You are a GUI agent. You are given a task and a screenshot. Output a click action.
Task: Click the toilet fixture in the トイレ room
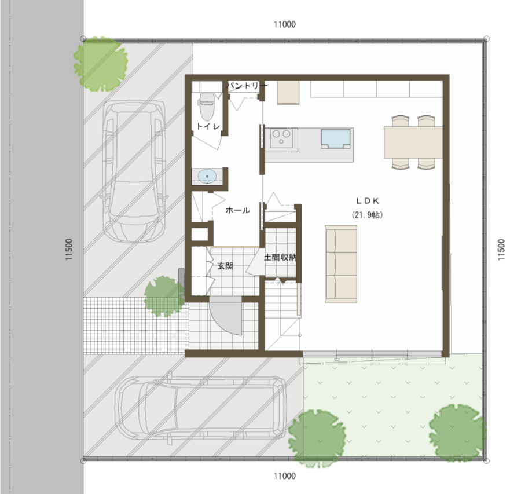(x=207, y=106)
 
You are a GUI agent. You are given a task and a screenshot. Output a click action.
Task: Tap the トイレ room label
(x=208, y=126)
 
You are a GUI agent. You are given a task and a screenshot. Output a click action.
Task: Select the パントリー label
(x=247, y=86)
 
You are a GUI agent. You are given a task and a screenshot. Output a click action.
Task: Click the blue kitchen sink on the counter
(x=335, y=138)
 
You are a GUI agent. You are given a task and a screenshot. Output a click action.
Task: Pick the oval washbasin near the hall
(x=207, y=176)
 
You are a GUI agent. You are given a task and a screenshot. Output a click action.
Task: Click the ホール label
(x=237, y=210)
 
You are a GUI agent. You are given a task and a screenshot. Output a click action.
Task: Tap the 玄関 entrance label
(x=225, y=266)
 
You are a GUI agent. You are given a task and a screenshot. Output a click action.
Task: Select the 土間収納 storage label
(x=280, y=257)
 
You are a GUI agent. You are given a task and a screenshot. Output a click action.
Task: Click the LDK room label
(x=368, y=201)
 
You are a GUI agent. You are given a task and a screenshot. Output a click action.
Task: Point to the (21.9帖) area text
(x=367, y=215)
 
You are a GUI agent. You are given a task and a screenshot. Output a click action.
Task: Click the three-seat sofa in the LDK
(x=341, y=264)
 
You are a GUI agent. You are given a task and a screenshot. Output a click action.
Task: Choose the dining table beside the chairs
(x=413, y=142)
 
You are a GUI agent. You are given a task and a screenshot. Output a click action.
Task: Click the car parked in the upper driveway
(x=134, y=172)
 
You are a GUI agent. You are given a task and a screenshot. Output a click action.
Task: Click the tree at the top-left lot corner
(x=101, y=64)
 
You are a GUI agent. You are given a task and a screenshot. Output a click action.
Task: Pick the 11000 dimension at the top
(x=285, y=24)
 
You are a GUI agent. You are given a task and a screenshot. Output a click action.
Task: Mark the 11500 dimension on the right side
(x=501, y=250)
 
